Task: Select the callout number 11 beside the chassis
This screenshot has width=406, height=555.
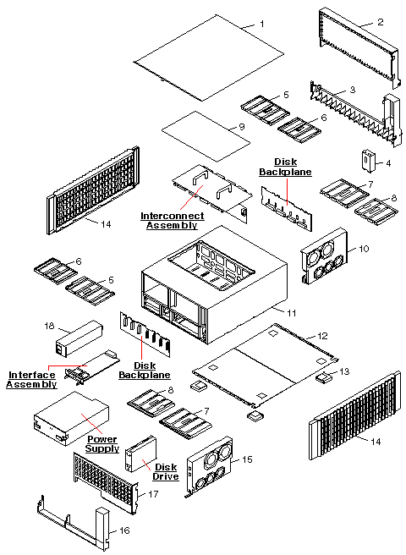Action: tap(293, 313)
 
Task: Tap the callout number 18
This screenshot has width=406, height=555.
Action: tap(48, 325)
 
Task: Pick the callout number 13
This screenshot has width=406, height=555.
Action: tap(344, 371)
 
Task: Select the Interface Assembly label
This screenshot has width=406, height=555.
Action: tap(31, 380)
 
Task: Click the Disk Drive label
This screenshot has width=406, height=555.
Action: tap(165, 470)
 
